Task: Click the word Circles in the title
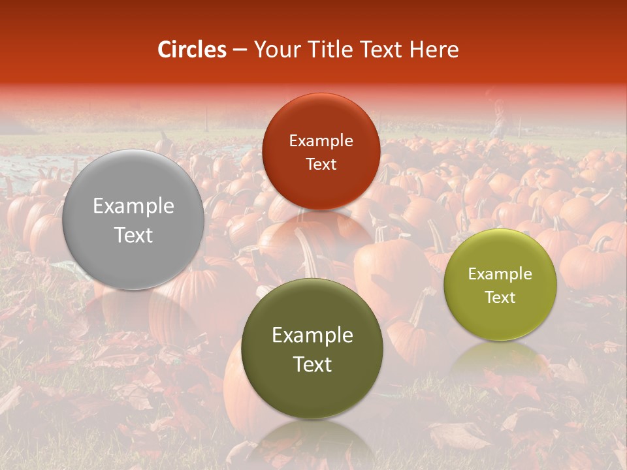(191, 50)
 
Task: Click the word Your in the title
(276, 50)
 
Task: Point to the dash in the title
(239, 50)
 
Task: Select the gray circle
(133, 220)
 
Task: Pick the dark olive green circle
(312, 349)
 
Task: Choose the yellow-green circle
(500, 285)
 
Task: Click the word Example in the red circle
(321, 140)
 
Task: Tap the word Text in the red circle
(321, 164)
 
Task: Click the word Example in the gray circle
(133, 206)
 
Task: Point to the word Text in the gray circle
(133, 235)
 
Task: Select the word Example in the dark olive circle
(312, 336)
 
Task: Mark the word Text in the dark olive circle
(312, 364)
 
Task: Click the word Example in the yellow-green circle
(500, 274)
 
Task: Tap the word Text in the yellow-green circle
(500, 298)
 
